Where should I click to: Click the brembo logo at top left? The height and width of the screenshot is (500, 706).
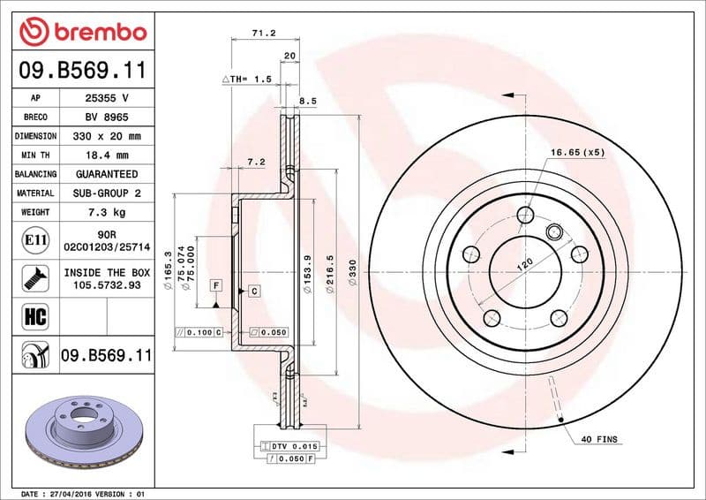(82, 33)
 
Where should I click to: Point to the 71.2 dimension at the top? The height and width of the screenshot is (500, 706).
(264, 33)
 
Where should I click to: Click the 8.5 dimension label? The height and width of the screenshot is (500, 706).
(307, 102)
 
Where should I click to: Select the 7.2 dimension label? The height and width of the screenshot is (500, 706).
(257, 162)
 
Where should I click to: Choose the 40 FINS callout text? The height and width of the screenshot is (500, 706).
(600, 439)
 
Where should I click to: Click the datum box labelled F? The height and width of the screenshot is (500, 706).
(214, 284)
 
